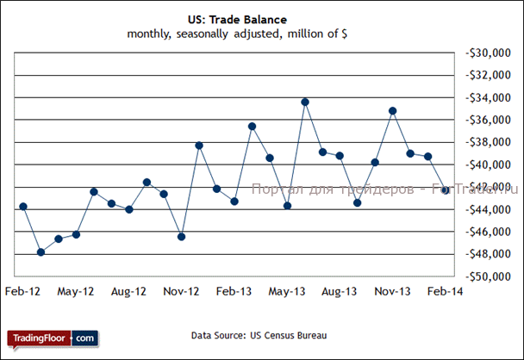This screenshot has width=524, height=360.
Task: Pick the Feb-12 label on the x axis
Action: click(22, 292)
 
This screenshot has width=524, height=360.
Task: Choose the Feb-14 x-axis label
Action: click(445, 292)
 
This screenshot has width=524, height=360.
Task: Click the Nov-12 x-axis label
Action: click(181, 292)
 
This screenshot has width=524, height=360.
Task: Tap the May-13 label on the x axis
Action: click(287, 292)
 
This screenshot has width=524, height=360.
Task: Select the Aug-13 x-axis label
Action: click(340, 292)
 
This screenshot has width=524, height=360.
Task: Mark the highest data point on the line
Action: click(305, 102)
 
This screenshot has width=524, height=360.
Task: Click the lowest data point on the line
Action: click(41, 252)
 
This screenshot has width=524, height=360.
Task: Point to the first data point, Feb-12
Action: click(23, 207)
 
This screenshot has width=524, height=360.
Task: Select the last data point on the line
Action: click(446, 190)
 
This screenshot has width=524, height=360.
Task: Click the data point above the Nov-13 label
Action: click(393, 111)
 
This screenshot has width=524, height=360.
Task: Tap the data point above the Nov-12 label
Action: click(181, 237)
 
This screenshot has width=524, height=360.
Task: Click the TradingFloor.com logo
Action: click(53, 338)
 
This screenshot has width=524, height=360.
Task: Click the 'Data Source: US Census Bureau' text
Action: click(248, 335)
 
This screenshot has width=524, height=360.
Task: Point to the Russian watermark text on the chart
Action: click(379, 188)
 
